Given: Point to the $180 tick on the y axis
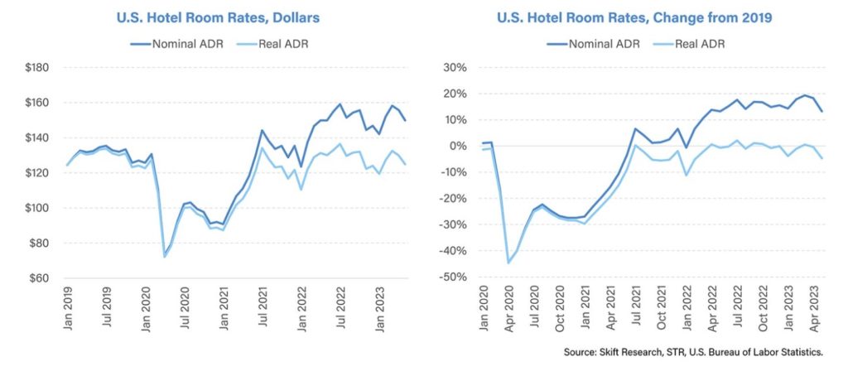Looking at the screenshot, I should pos(37,67).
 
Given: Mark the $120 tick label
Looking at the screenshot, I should pos(37,173).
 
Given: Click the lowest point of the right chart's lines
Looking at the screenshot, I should pos(508,263).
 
